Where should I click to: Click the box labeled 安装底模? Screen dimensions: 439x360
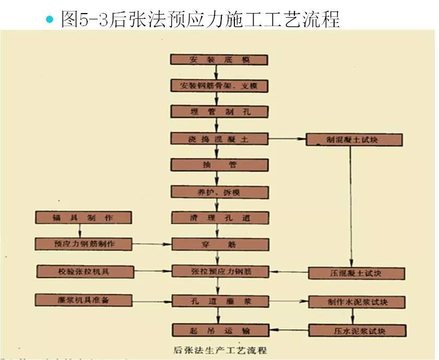pos(220,59)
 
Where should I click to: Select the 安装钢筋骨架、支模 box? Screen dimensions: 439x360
pos(220,86)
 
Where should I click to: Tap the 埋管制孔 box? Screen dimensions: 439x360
pos(220,112)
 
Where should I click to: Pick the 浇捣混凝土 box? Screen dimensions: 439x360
pos(220,139)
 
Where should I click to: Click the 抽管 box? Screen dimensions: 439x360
pos(220,165)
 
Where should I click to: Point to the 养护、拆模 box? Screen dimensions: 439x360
pos(220,192)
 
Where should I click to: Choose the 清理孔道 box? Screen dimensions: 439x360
pos(220,218)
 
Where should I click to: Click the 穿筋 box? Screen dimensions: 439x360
pos(220,244)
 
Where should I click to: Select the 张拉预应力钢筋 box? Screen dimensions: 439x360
pos(220,271)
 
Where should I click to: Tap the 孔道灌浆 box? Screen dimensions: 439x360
pos(220,301)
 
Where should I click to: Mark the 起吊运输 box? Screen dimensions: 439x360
pos(220,329)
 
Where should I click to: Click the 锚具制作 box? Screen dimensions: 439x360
pos(83,217)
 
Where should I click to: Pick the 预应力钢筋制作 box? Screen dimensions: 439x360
pos(84,244)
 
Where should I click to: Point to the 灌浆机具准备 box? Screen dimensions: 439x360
pos(84,300)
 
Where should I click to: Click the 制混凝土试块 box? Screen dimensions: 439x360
pos(354,139)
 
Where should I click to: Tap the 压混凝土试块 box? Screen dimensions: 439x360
pos(357,273)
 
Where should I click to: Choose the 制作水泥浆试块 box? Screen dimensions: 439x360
pos(357,302)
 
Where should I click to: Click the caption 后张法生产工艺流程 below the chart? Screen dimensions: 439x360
pos(219,349)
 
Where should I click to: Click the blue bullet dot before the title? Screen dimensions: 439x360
pos(50,20)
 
